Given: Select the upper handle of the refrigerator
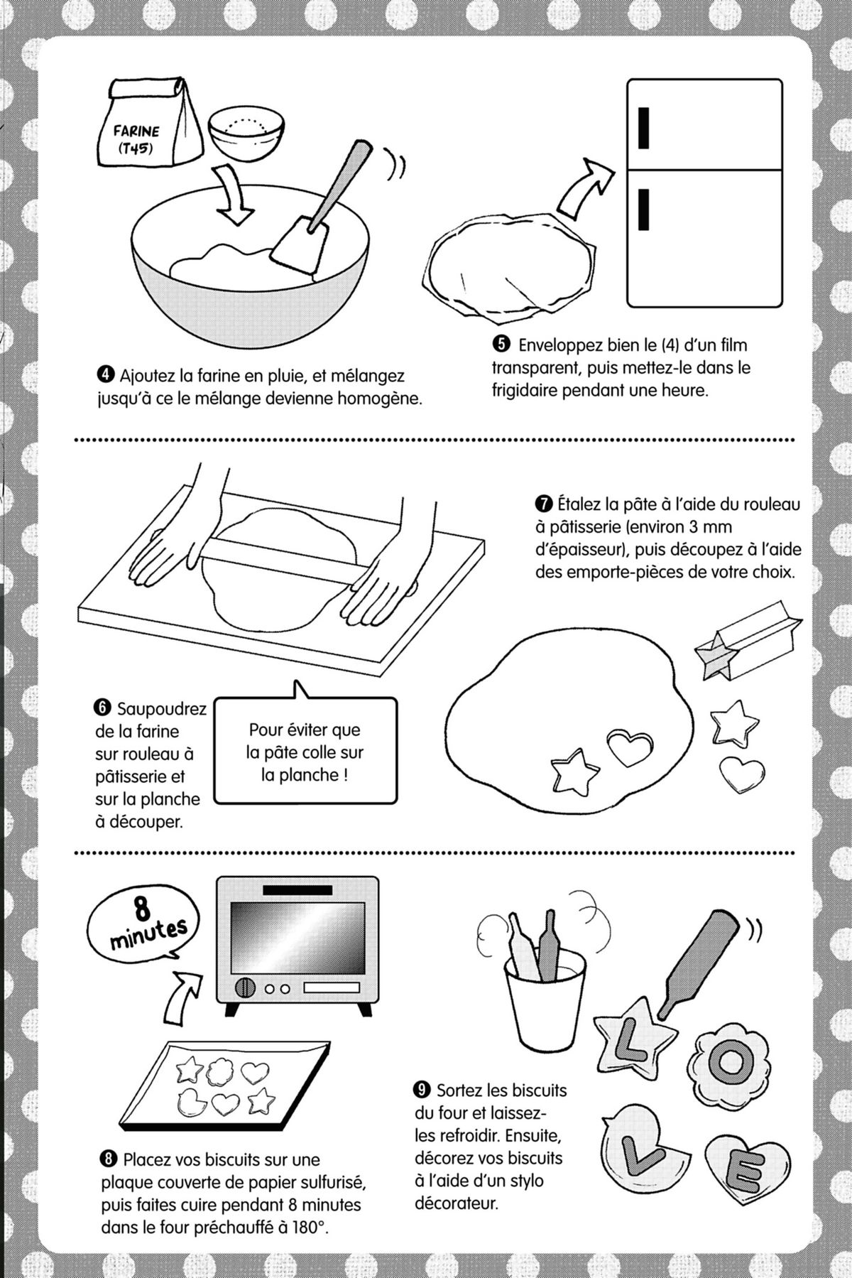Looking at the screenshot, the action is point(644,127).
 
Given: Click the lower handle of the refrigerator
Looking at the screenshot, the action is point(644,210).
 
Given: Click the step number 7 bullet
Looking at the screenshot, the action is point(545,505).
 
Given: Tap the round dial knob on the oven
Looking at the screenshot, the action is point(246,987).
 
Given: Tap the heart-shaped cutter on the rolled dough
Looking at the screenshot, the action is point(629,748).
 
